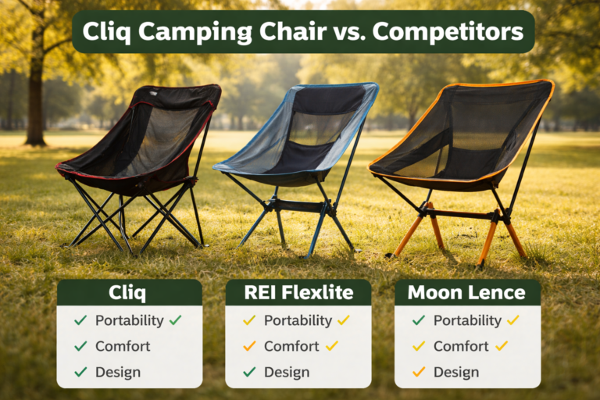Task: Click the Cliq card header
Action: (129, 294)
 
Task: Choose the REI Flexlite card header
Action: (298, 294)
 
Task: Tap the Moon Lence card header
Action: (467, 294)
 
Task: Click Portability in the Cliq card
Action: (129, 320)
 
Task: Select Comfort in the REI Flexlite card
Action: (291, 346)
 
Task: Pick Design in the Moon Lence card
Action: (456, 372)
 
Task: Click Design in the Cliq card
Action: (118, 372)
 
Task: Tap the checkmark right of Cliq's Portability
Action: (175, 320)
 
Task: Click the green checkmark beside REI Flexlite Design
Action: (249, 372)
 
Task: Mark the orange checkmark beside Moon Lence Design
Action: (419, 372)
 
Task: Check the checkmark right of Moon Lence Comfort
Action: (502, 346)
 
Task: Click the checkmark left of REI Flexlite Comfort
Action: (249, 346)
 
